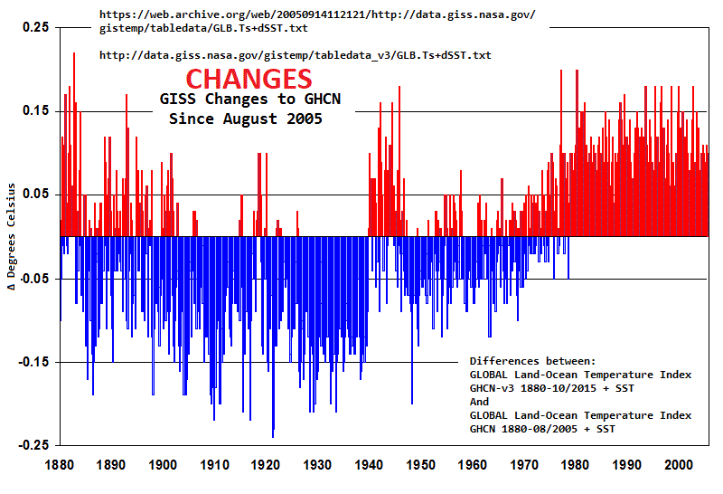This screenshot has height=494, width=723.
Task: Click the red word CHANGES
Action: (249, 79)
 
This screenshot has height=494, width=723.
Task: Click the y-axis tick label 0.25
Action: (36, 27)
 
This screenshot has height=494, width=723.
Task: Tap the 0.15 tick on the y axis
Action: (36, 111)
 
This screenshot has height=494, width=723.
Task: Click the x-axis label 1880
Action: (61, 465)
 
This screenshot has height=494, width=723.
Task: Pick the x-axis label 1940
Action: (369, 465)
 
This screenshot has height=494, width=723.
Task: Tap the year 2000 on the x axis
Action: (678, 465)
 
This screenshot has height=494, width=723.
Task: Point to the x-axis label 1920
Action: (266, 465)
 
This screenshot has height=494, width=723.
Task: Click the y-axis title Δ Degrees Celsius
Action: (12, 236)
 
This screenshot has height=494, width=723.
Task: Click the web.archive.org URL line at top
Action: (316, 15)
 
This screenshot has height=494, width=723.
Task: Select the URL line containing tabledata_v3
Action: (295, 55)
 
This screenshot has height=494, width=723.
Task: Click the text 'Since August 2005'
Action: (246, 119)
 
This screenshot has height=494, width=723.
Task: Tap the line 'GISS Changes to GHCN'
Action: (249, 100)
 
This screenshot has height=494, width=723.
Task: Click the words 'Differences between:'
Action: (532, 360)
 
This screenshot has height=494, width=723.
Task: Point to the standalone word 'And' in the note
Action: (479, 402)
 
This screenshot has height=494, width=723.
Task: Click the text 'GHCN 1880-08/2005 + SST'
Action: (542, 429)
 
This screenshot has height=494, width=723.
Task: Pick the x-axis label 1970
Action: (523, 465)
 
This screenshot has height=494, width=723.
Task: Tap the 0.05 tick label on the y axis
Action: (36, 195)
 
